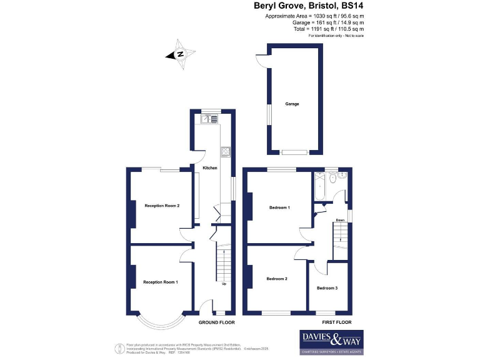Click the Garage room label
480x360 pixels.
[291, 104]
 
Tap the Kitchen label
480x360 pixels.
[210, 169]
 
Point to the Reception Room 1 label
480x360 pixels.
[161, 282]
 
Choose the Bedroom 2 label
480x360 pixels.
[277, 279]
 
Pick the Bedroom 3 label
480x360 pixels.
[327, 288]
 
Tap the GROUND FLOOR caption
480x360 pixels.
[216, 322]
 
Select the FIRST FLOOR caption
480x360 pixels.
[336, 322]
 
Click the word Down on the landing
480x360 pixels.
[340, 221]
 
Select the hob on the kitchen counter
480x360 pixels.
[225, 151]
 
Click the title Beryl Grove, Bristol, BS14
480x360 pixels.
[309, 6]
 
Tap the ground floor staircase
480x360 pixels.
[224, 262]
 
